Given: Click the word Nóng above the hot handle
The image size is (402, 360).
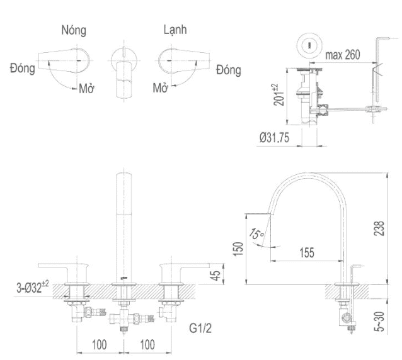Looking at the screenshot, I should pyautogui.click(x=74, y=30).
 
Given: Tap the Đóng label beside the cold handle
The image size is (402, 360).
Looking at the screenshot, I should pyautogui.click(x=228, y=69).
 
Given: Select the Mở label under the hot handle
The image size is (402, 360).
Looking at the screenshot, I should pyautogui.click(x=86, y=89).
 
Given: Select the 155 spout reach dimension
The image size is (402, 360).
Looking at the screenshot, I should pyautogui.click(x=307, y=253).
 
